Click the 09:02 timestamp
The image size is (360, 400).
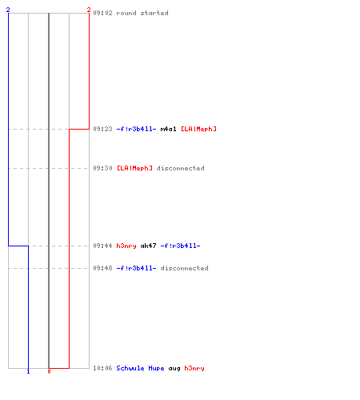point(102,13)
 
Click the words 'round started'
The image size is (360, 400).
point(142,13)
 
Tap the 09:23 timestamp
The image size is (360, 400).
point(102,129)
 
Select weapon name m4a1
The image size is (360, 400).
point(168,129)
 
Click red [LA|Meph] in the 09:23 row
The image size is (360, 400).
point(198,129)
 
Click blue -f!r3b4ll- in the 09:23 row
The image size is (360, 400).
point(136,129)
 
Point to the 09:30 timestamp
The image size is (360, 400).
point(102,168)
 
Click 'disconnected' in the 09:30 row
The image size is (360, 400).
point(181,168)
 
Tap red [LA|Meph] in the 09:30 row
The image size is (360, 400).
point(134,168)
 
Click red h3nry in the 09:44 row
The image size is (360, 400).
point(126,246)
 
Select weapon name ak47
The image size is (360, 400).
point(148,246)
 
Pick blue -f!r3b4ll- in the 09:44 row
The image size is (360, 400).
point(180,246)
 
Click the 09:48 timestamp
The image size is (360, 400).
point(102,268)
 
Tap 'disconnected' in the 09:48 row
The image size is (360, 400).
point(185,268)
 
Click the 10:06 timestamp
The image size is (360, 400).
point(102,368)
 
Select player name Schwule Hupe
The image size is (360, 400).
point(140,368)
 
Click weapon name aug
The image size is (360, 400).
point(174,369)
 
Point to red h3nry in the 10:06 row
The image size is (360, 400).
point(194,368)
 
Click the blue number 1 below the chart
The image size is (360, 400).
point(28,371)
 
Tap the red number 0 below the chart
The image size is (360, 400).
point(49,371)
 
